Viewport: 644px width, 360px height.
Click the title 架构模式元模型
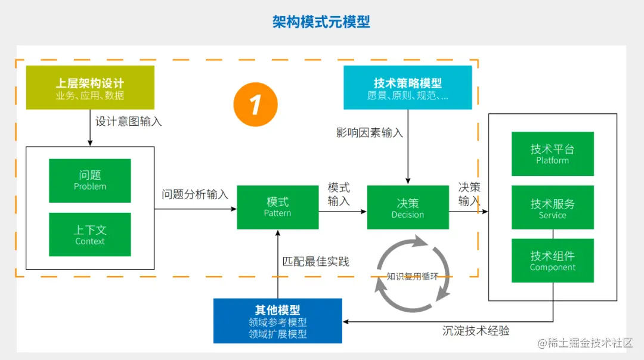coord(321,23)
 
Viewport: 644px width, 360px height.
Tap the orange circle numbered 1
coord(255,105)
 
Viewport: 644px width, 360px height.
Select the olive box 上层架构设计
coord(90,88)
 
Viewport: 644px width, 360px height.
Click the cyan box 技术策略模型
coord(408,88)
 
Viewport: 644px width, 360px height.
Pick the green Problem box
coord(90,181)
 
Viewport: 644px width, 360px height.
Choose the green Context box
coord(90,235)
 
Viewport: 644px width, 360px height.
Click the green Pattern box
coord(278,207)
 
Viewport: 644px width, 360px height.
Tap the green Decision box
coord(408,207)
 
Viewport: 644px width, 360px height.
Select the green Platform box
coord(553,154)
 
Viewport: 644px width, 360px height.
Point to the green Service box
coord(553,207)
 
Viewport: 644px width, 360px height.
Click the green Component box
coord(553,260)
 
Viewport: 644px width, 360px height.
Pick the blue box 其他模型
coord(278,321)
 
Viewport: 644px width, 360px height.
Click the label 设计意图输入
coord(129,121)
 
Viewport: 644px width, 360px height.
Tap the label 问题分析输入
coord(195,194)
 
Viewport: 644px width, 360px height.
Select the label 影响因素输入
coord(370,132)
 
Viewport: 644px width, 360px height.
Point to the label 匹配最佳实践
coord(316,261)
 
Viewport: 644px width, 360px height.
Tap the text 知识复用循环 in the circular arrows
coord(413,276)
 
